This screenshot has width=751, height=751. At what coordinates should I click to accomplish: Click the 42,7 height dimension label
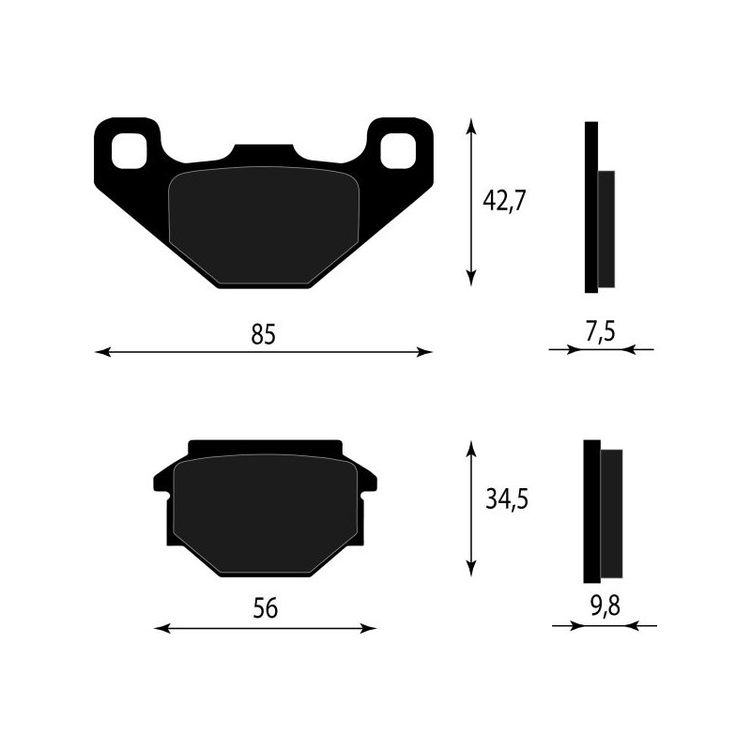[502, 202]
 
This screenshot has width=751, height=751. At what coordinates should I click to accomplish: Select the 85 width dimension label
[264, 333]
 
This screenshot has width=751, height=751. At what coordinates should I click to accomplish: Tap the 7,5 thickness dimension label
[602, 331]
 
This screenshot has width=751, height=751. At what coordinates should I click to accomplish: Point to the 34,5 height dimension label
[507, 499]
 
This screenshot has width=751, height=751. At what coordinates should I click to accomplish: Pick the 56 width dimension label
[266, 608]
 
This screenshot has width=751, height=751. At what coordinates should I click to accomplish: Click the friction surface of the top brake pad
[263, 225]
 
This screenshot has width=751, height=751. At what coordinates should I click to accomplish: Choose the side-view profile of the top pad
[598, 207]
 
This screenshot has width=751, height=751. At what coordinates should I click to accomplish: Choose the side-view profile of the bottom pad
[601, 512]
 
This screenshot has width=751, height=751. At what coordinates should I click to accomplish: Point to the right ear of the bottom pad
[369, 482]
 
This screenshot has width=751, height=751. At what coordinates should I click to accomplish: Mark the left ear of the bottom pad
[161, 482]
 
